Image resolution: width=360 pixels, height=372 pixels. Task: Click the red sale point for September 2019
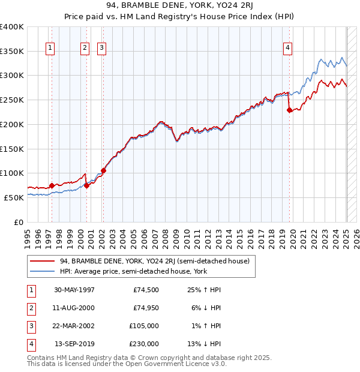coord(289,110)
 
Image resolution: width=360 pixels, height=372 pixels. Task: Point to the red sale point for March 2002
coord(103,170)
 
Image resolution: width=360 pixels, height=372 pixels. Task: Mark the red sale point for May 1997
coord(52,185)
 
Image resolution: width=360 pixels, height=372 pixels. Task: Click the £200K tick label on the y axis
coord(12,124)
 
